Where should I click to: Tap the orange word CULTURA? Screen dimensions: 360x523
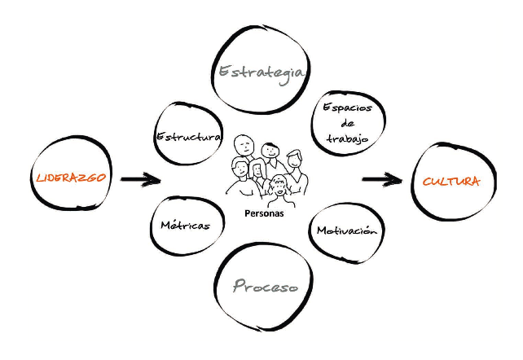point(450,182)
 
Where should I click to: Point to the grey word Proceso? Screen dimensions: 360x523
point(264,286)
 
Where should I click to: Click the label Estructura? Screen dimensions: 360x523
point(188,136)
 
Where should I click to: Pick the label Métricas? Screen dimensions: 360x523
point(185,226)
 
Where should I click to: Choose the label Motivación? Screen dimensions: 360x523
point(347,230)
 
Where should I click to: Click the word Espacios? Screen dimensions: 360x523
point(348,108)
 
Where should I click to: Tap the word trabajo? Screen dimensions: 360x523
point(348,138)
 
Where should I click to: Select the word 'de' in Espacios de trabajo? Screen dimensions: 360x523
point(348,123)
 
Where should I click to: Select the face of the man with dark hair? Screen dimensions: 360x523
point(271,152)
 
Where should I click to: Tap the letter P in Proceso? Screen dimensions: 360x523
point(239,286)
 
